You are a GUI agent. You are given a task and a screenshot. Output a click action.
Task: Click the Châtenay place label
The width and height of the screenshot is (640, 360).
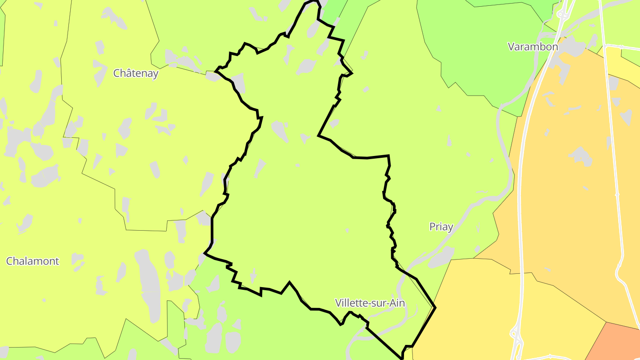[136, 73]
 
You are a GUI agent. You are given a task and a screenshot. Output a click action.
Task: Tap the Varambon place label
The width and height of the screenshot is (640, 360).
[533, 47]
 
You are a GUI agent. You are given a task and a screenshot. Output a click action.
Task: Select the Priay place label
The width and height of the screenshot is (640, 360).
[441, 227]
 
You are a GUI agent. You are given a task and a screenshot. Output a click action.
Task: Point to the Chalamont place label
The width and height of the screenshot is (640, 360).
[32, 261]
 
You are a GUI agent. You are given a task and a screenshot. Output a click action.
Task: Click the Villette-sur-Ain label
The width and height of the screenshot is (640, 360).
[370, 303]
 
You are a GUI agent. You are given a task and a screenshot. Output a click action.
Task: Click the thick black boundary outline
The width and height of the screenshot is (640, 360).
[212, 231]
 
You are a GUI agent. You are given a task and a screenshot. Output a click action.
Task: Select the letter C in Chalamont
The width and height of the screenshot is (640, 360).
[9, 261]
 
